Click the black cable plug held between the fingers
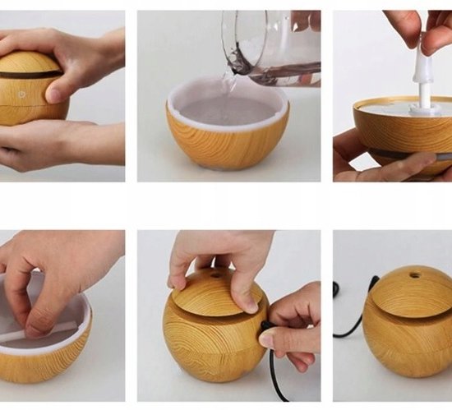click(266, 328)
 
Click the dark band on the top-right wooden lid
click(403, 154)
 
